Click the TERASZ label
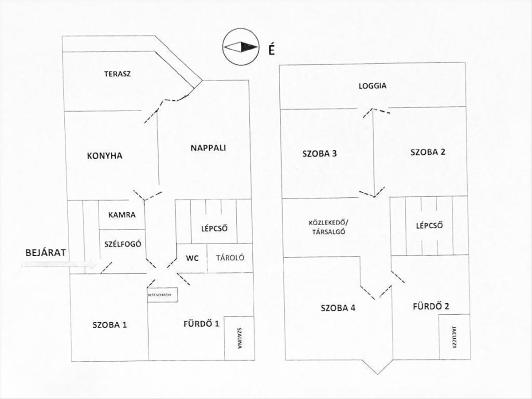[x=117, y=74]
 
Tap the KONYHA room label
[x=105, y=156]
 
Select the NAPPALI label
[x=208, y=148]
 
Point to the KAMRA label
[x=122, y=215]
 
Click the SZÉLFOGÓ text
[x=123, y=244]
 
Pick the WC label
[x=192, y=258]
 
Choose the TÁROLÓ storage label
[x=230, y=258]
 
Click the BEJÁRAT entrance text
[x=46, y=253]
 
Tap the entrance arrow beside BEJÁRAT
[x=59, y=264]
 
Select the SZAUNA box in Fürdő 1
[x=239, y=338]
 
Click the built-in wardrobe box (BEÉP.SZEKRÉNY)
[x=162, y=295]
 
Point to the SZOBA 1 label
[x=110, y=325]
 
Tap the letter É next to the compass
[x=271, y=50]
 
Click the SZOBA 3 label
[x=320, y=154]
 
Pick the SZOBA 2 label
[x=428, y=152]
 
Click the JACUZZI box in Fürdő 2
[x=454, y=337]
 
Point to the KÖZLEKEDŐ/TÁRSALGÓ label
[x=328, y=227]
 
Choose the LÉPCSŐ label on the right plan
[x=430, y=226]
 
